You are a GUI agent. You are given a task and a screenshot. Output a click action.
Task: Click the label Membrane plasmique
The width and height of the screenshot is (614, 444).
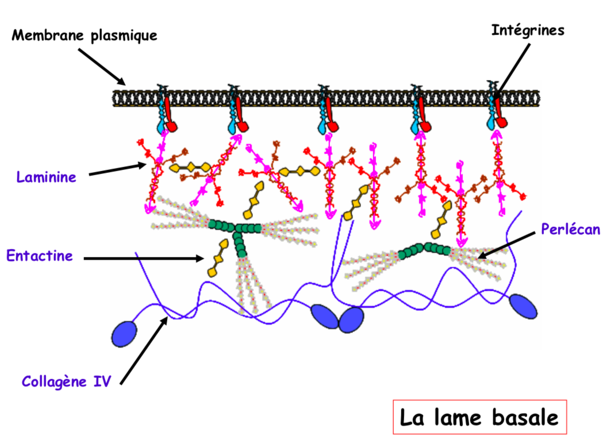(x=85, y=36)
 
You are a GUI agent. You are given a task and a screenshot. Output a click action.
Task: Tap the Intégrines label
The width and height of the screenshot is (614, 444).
(x=528, y=30)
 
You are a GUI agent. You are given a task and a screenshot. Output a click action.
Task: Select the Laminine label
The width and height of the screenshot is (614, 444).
(x=46, y=176)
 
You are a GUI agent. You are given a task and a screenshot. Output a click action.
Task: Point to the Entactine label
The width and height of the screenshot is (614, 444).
(x=40, y=255)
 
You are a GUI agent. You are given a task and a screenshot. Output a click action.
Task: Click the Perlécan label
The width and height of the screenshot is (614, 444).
(x=570, y=229)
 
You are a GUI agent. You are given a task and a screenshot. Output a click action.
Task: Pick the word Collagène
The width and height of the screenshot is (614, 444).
(x=55, y=381)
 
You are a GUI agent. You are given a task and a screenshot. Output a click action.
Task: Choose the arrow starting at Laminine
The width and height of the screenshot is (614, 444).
(x=118, y=169)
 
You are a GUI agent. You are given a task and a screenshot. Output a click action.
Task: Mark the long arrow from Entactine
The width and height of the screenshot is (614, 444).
(x=144, y=258)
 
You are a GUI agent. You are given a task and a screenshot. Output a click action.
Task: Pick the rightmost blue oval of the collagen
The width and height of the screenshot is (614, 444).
(x=523, y=306)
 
